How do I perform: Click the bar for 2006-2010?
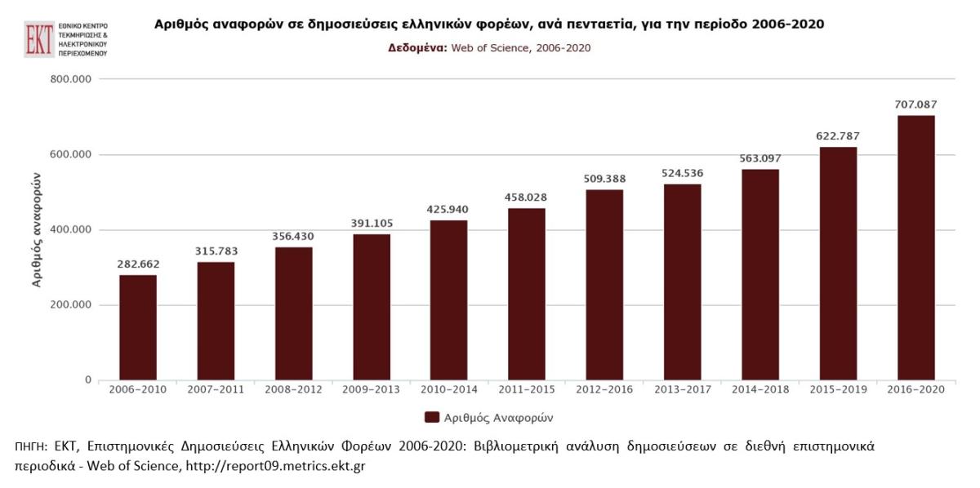coord(138,327)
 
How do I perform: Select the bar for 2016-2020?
coord(915,247)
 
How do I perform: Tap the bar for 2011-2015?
coord(527,294)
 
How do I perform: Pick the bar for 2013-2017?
coord(682,282)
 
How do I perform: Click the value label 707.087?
coord(915,104)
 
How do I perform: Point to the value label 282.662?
coord(138,264)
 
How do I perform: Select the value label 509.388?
coord(604,179)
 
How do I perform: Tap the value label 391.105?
coord(371,224)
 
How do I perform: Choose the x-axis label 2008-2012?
coord(293,389)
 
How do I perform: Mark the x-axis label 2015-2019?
coord(838,389)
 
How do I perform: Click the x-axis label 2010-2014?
coord(448,389)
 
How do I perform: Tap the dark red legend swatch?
coord(432,417)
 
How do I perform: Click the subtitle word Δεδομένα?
coord(416,47)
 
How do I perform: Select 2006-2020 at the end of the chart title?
coord(785,24)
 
